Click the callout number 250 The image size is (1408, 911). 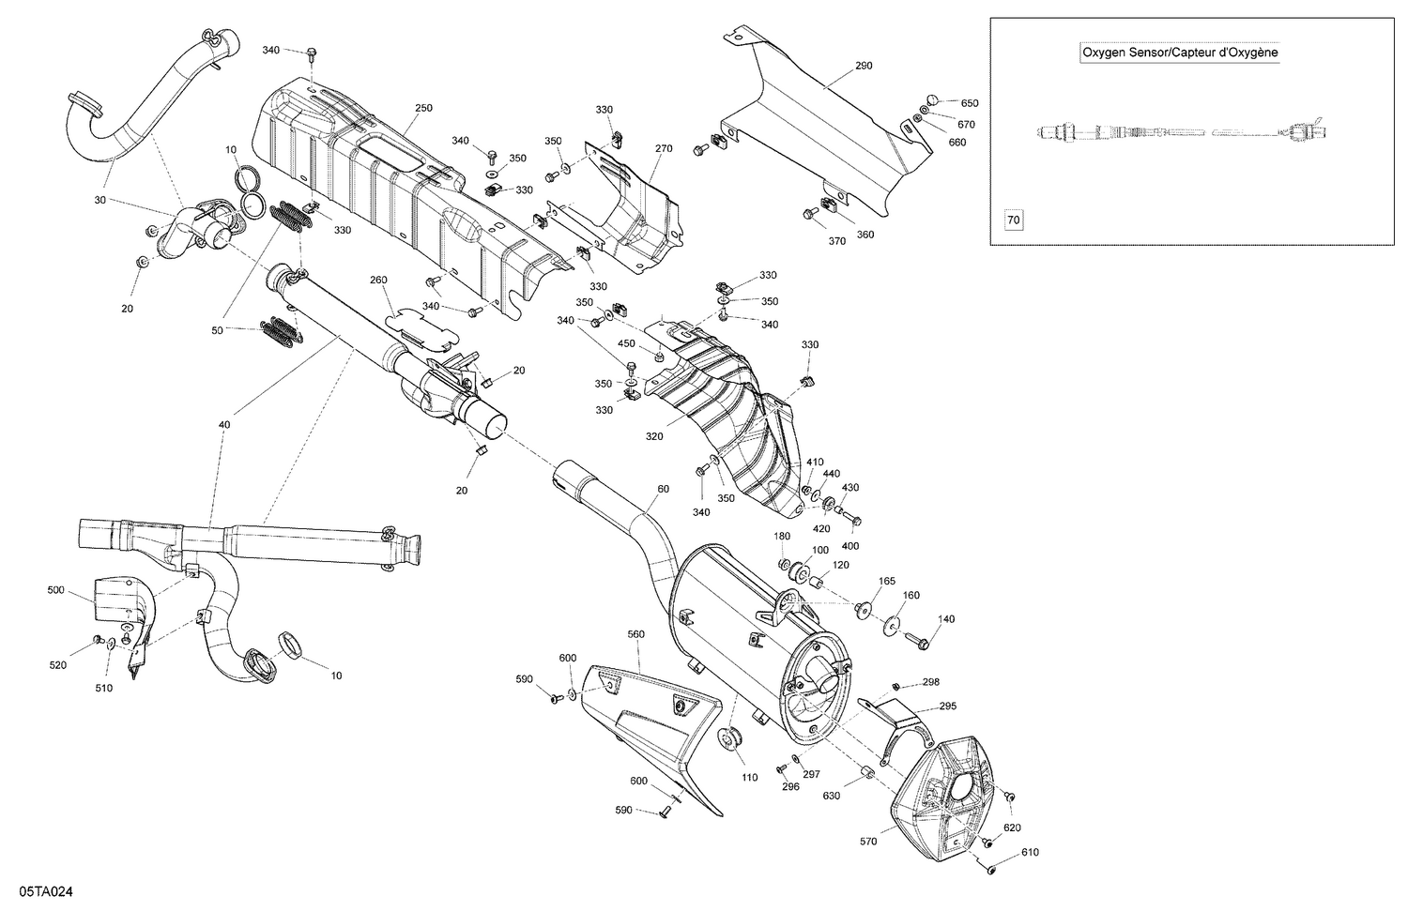[423, 109]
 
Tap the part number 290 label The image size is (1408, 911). [864, 67]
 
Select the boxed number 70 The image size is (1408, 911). [1013, 220]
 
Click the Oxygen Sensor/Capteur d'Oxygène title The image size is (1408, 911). [1180, 53]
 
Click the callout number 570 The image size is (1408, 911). [867, 842]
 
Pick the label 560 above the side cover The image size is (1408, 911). [636, 634]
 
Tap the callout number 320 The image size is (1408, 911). [654, 436]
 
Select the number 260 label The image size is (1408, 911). [378, 280]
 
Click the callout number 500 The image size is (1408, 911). [56, 590]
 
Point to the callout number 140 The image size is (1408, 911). [946, 619]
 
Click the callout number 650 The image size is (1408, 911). [969, 103]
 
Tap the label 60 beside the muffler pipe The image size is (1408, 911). [664, 489]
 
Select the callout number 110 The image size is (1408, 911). [749, 778]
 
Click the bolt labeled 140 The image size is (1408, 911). [917, 642]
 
